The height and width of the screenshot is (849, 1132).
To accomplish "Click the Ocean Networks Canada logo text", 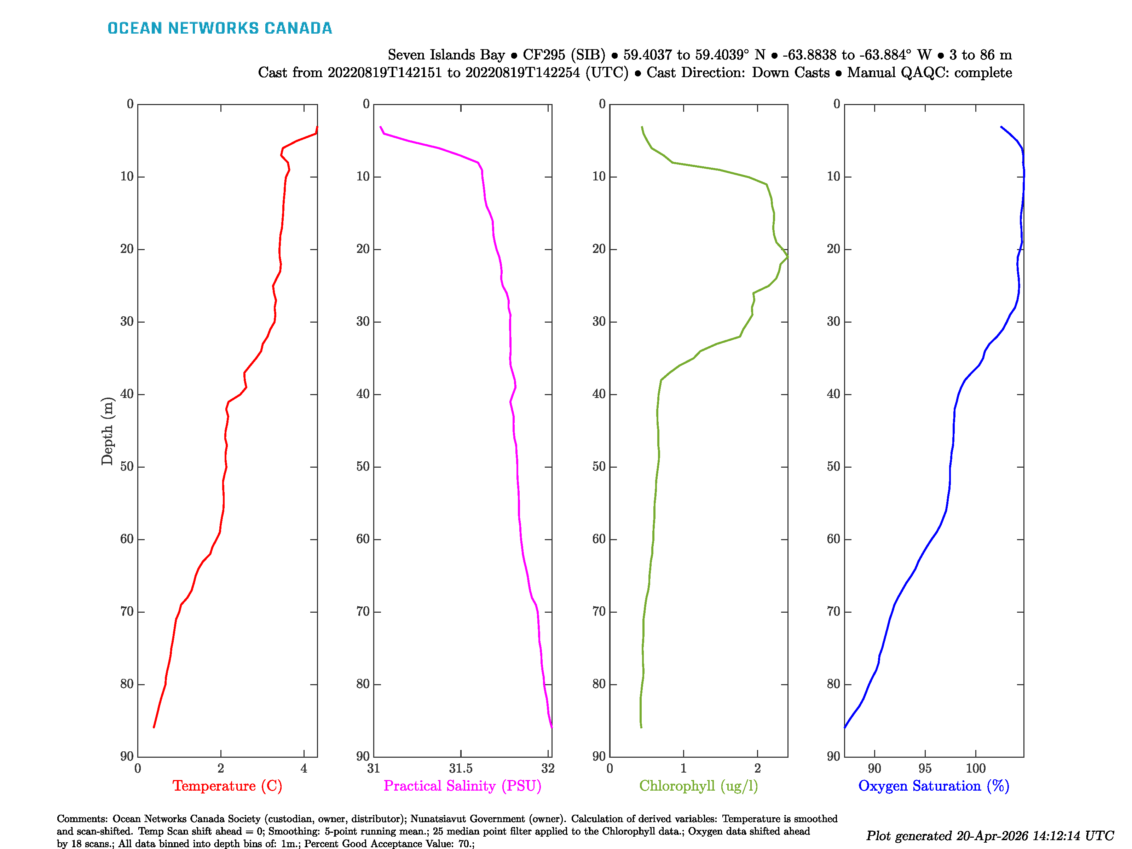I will tap(220, 28).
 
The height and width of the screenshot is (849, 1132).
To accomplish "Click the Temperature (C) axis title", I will tap(227, 786).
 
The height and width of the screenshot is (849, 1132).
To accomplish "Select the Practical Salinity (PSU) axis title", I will tap(462, 786).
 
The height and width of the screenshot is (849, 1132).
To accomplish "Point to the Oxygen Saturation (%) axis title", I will tap(934, 786).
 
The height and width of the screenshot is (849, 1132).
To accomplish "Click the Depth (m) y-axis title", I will tap(107, 431).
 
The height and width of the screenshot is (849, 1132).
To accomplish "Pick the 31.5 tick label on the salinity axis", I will tap(461, 768).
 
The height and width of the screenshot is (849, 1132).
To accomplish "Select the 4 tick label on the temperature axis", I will tap(304, 768).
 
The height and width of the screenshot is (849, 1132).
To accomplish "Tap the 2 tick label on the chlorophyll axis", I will tap(757, 768).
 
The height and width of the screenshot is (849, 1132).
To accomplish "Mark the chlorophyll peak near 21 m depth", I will tap(787, 257).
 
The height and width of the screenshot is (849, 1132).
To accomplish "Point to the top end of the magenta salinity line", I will tap(380, 126).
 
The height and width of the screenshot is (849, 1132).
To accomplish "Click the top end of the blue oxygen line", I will tap(1001, 126).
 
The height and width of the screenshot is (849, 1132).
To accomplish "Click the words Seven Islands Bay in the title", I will tap(446, 55).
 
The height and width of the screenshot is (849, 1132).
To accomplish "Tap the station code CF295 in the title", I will tap(544, 55).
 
